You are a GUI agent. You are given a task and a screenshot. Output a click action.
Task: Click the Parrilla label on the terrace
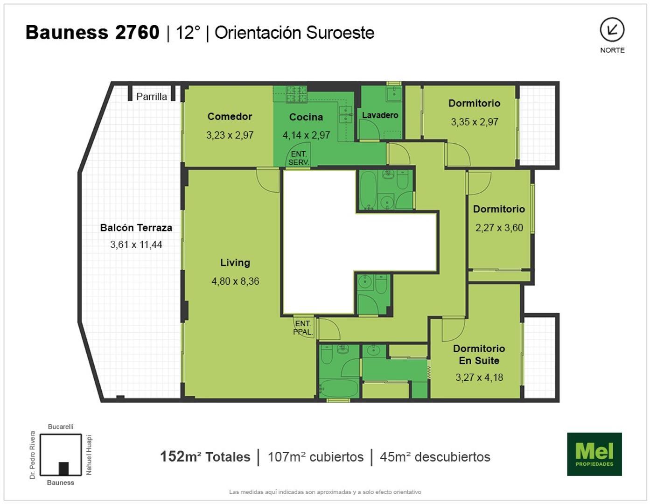(x=151, y=97)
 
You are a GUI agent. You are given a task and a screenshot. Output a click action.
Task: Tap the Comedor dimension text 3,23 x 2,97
(x=230, y=135)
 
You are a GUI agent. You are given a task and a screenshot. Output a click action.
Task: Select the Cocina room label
(x=306, y=117)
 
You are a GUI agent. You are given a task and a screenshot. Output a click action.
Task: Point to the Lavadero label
(x=380, y=115)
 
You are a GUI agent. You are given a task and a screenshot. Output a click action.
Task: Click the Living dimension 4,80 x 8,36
(x=236, y=281)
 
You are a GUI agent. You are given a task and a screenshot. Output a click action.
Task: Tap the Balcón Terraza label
(x=136, y=228)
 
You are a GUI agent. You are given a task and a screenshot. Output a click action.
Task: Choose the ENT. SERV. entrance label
(x=299, y=158)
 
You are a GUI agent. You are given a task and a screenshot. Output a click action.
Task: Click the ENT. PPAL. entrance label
(x=303, y=328)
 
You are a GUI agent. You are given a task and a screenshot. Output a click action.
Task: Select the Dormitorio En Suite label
(x=479, y=355)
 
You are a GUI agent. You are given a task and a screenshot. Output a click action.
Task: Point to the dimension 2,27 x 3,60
(x=499, y=228)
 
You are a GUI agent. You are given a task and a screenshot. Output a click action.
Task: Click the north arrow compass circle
(x=612, y=29)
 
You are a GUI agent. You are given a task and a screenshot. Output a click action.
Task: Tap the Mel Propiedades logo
(x=594, y=454)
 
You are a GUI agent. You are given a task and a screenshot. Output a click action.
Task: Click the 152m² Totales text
(x=205, y=457)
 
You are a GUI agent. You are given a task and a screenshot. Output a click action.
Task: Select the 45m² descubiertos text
(x=435, y=457)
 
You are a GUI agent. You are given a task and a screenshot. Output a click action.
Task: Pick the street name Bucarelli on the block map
(x=61, y=427)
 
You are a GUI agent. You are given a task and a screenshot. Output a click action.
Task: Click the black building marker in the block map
(x=64, y=469)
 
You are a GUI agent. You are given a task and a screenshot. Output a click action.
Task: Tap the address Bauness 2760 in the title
(x=92, y=32)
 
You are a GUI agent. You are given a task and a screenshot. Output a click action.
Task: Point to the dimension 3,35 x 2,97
(x=475, y=122)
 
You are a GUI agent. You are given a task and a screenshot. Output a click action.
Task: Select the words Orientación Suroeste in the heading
(x=294, y=33)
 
